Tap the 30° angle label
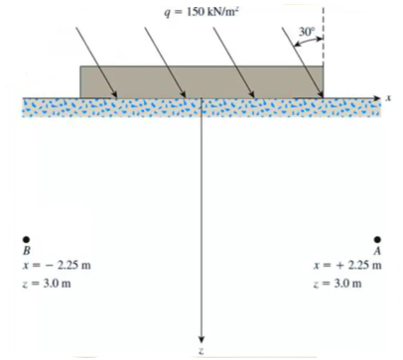pos(304,32)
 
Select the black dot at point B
pos(27,238)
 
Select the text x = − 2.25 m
pos(56,266)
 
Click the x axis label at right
pos(390,97)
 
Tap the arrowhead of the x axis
pos(376,97)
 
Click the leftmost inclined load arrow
pos(89,60)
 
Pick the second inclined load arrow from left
pos(159,60)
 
